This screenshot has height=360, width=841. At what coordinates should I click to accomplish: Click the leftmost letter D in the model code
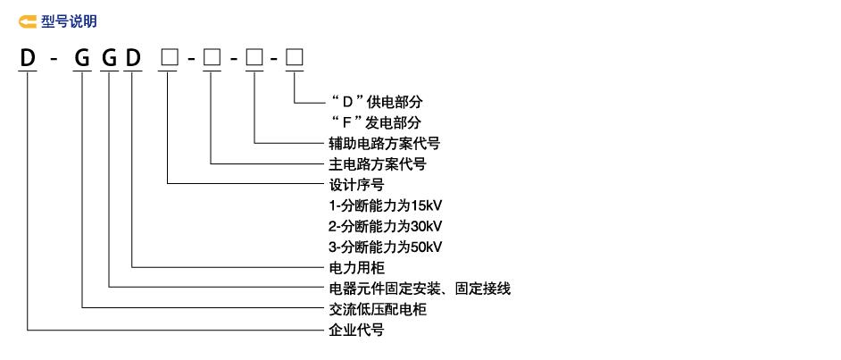pyautogui.click(x=29, y=61)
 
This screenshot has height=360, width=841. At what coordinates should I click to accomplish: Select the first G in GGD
pyautogui.click(x=82, y=61)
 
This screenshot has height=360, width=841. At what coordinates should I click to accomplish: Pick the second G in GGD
pyautogui.click(x=110, y=61)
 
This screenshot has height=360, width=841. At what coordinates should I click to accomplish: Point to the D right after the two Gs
pyautogui.click(x=134, y=61)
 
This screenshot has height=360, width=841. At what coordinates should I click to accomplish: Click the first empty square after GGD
pyautogui.click(x=169, y=61)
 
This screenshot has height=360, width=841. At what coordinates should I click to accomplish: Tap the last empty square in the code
pyautogui.click(x=295, y=61)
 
